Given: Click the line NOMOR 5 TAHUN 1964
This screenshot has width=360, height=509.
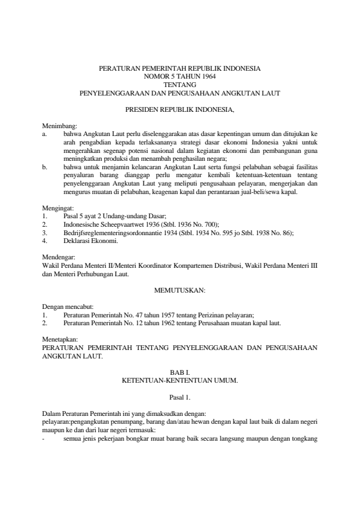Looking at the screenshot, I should pos(180,77).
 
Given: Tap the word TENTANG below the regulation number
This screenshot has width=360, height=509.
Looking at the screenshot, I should pos(180,85).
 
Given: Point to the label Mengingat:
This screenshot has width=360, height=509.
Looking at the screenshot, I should pos(56,208).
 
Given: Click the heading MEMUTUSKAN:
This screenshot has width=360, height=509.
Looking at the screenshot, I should pos(180,291).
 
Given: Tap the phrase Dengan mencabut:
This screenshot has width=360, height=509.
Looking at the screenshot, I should pos(67,307).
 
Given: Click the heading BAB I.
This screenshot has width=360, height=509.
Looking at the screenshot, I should pos(180,374).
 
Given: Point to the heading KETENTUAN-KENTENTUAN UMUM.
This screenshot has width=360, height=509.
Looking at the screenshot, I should pos(180,381).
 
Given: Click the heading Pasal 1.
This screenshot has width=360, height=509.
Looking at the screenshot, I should pos(180,398).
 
